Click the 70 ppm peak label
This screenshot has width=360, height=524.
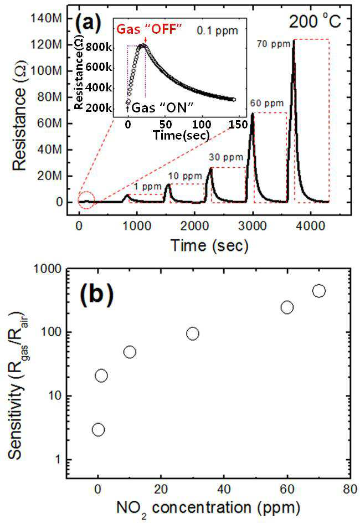[274, 43]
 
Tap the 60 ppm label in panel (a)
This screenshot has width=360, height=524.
[267, 103]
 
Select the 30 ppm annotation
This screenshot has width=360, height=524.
[226, 157]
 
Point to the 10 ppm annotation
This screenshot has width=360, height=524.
[185, 176]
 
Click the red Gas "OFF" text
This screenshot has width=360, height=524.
[149, 29]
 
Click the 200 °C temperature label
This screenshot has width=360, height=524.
[315, 22]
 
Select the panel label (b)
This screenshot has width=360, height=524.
[96, 294]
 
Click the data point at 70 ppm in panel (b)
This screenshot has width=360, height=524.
[319, 291]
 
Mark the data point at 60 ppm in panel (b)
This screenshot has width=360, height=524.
[287, 307]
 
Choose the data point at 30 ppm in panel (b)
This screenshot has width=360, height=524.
[193, 333]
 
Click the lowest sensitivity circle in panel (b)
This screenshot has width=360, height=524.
[98, 430]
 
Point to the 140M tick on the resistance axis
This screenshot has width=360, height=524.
[47, 18]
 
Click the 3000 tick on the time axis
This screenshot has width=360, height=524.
[253, 226]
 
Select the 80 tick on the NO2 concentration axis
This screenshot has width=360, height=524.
[350, 489]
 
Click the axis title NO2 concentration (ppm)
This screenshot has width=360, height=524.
[208, 508]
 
